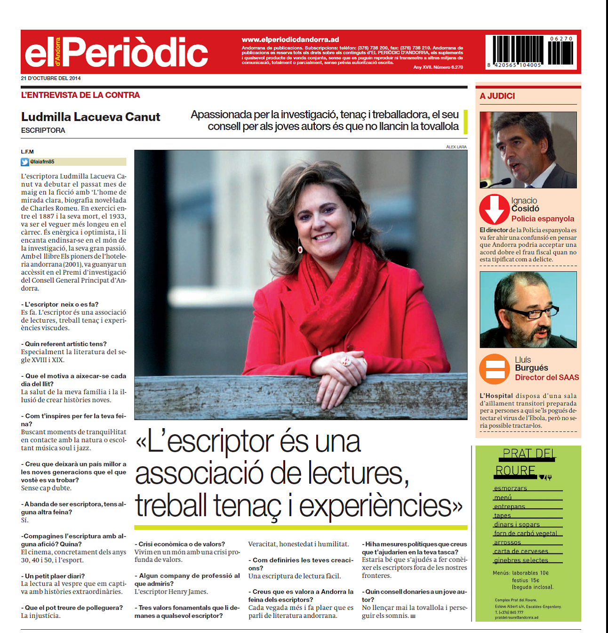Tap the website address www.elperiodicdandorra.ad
coord(290,40)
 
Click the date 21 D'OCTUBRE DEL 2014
coord(51,78)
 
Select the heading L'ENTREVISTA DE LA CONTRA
coord(80,95)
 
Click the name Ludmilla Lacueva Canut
coord(91,117)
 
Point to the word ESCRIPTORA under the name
coord(43,130)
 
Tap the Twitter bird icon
coord(25,162)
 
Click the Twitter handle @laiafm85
coord(42,162)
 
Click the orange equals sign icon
coord(495,369)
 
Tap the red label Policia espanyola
coord(543,219)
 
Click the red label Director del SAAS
coord(547,377)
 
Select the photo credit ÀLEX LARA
coord(456,147)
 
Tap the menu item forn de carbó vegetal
coord(525,534)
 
